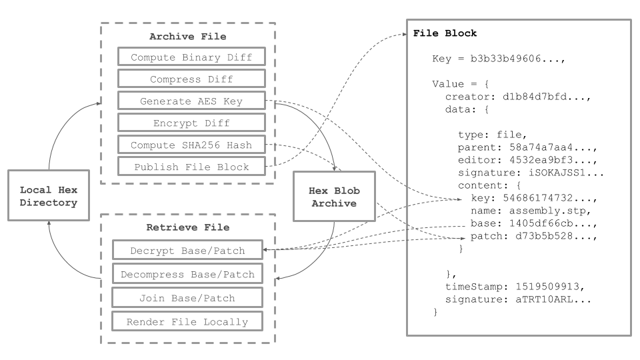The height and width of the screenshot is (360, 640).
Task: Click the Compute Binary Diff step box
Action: point(191,57)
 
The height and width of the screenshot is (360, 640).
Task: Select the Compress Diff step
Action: point(191,79)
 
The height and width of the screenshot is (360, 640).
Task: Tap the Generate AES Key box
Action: point(191,101)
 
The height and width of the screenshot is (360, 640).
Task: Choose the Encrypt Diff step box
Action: point(191,123)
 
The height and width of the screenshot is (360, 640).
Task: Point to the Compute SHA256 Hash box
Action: point(191,145)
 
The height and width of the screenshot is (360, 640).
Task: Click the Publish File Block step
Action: point(191,167)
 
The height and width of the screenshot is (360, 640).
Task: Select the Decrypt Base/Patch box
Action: point(187,251)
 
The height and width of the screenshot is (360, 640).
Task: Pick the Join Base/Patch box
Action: point(187,297)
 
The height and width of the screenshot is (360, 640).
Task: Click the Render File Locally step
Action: point(187,321)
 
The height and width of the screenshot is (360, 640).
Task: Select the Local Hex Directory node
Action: point(49,195)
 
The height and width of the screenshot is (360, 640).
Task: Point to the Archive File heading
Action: point(187,37)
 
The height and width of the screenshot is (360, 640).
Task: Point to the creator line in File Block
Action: point(519,97)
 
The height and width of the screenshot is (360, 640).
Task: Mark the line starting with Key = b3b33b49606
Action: point(499,59)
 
